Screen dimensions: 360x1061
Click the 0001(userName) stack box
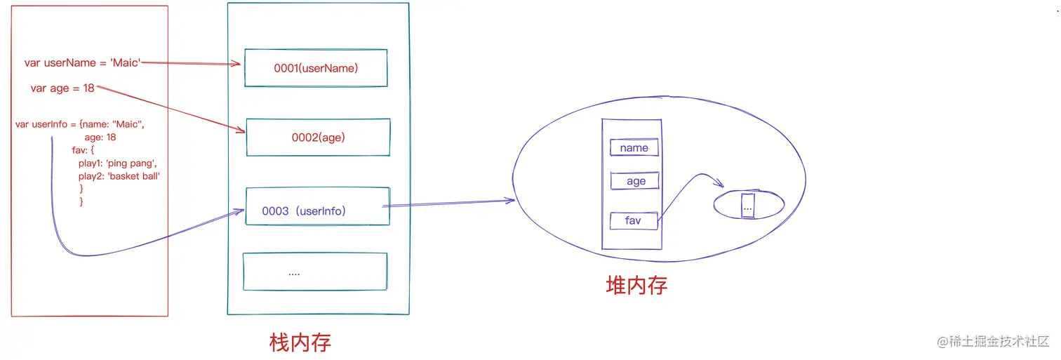tap(316, 68)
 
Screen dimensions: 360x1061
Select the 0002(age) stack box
tap(318, 138)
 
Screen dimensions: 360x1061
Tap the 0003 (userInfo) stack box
tap(317, 206)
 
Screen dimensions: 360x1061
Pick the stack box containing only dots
tap(314, 272)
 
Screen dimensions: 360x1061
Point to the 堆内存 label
tap(636, 285)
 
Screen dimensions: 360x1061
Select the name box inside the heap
tap(634, 148)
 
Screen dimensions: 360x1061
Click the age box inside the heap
tap(636, 181)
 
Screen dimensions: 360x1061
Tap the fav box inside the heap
tap(633, 220)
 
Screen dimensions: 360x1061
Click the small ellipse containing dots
tap(748, 205)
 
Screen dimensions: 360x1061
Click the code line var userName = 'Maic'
tap(83, 63)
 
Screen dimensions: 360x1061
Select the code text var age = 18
tap(62, 88)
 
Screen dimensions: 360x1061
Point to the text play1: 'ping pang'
tap(112, 163)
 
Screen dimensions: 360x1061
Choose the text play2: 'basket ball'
tap(119, 176)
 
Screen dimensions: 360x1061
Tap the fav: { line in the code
tap(88, 150)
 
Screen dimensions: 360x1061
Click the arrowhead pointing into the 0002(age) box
tap(240, 130)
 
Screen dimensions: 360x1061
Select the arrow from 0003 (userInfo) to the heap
tap(449, 204)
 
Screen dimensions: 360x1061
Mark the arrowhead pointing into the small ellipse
tap(719, 185)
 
